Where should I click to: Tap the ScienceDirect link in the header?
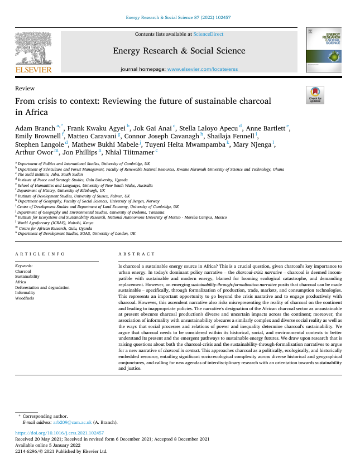point(208,34)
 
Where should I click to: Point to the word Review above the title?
point(25,88)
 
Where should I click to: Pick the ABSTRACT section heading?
point(137,254)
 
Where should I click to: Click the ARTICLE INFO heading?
point(40,254)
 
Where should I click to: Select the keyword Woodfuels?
point(25,298)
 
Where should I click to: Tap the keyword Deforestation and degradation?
point(42,287)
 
